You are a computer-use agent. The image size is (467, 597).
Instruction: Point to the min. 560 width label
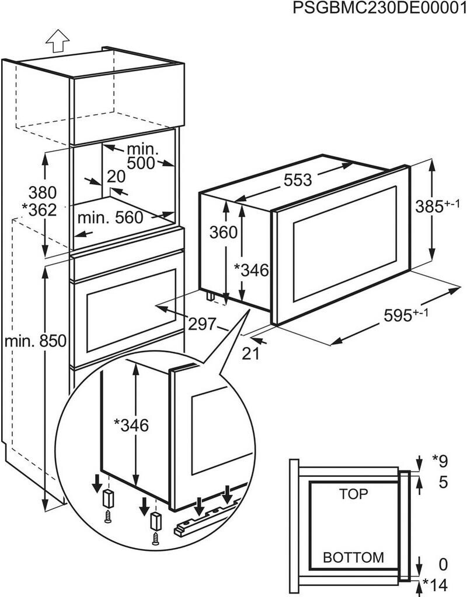[110, 217]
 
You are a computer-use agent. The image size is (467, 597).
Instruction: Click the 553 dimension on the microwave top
[298, 180]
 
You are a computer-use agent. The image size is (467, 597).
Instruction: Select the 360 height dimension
[224, 232]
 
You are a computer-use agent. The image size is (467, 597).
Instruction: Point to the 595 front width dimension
[406, 314]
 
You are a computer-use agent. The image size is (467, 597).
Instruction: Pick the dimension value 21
[250, 353]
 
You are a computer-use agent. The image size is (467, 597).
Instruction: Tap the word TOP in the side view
[354, 494]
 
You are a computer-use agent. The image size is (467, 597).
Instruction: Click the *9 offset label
[441, 461]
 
